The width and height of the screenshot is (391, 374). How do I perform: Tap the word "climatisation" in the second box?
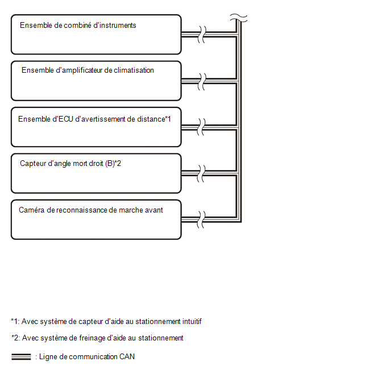tap(134, 70)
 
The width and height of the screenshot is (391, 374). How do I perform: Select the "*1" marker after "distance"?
tap(168, 119)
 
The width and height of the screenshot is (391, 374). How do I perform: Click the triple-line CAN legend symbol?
tap(21, 357)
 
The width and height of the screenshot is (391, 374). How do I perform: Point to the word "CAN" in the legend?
tap(127, 356)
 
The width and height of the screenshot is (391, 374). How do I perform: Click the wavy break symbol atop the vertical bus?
tap(239, 18)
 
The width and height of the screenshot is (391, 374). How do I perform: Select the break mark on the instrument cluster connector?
tap(202, 35)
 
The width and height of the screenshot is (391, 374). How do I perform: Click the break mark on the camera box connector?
tap(201, 219)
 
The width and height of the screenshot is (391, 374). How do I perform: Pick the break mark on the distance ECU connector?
tap(201, 127)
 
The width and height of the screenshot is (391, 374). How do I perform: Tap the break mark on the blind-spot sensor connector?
tap(201, 173)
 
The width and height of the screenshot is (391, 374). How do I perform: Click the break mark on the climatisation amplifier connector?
tap(202, 81)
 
